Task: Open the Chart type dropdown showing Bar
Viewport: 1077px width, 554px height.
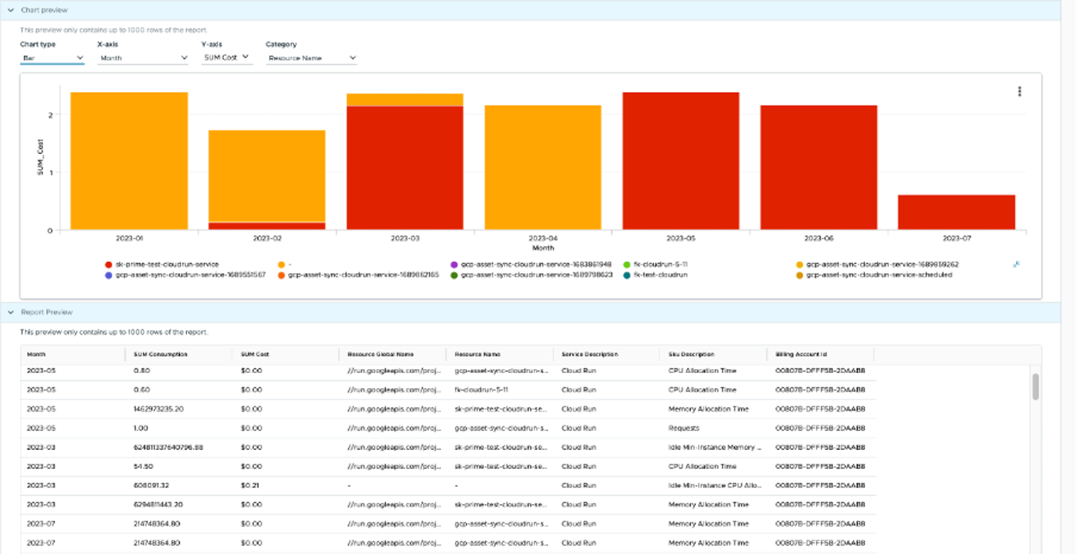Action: click(52, 58)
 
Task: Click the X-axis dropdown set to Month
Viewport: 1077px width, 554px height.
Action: click(142, 58)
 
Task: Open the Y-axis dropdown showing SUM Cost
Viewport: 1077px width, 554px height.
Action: click(226, 57)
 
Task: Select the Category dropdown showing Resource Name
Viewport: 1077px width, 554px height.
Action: click(311, 58)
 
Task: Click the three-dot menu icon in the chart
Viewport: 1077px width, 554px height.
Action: click(1019, 91)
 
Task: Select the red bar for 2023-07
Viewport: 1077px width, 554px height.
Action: click(956, 212)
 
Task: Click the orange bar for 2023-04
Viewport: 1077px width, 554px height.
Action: click(542, 167)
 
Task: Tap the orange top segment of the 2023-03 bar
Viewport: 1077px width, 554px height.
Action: click(404, 99)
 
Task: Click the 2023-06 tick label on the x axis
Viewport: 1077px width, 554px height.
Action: click(818, 238)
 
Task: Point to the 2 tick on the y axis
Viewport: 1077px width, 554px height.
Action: click(50, 114)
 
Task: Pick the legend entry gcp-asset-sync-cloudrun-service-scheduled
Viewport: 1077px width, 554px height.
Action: click(878, 275)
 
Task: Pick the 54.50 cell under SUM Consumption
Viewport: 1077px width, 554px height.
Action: click(144, 466)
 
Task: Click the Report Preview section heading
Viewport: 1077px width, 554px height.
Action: click(47, 312)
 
